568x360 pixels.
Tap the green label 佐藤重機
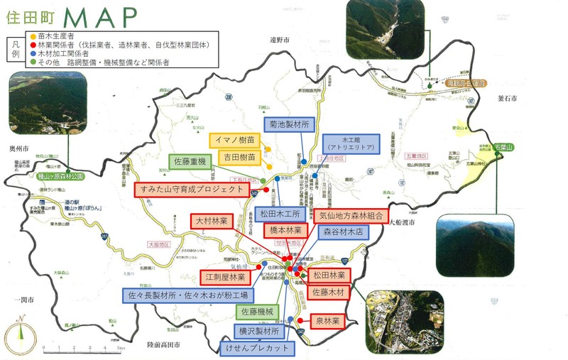(188, 163)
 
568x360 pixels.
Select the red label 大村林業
(215, 221)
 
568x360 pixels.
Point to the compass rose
(20, 334)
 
